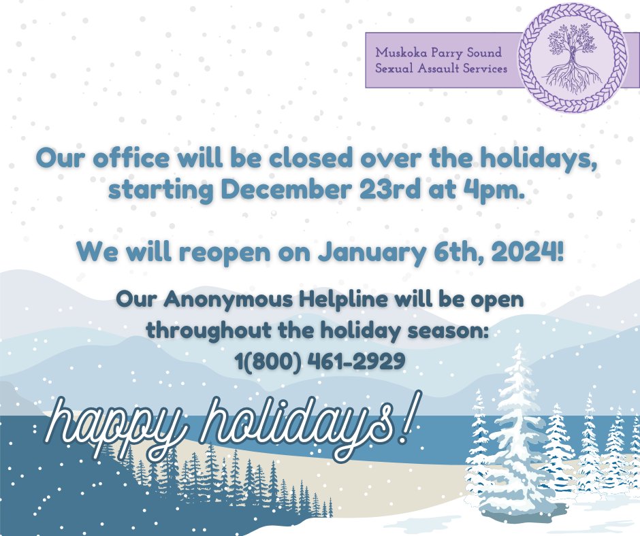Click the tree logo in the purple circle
point(571,58)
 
